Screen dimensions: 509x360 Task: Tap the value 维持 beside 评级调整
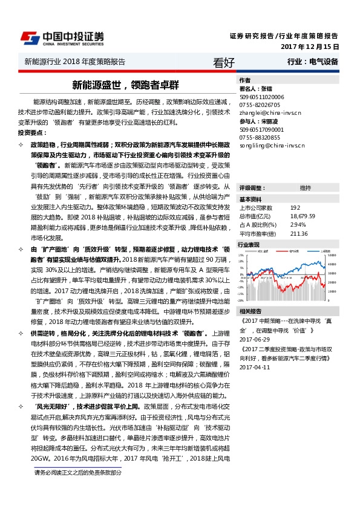[x=305, y=188]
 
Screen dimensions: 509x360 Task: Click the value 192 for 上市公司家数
[x=295, y=208]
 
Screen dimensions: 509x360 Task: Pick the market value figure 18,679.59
[x=303, y=216]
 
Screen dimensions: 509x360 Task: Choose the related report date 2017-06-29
[x=254, y=340]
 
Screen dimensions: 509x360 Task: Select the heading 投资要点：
[x=32, y=132]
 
